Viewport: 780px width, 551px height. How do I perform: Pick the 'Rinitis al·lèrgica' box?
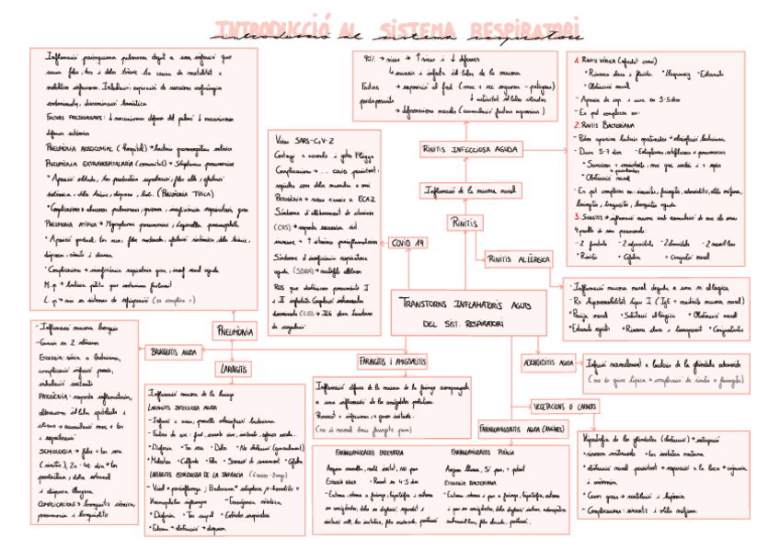(518, 259)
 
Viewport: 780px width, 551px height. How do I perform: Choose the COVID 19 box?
(407, 243)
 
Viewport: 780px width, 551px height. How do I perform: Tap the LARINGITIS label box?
(236, 369)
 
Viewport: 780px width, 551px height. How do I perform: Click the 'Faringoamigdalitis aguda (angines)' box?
(522, 429)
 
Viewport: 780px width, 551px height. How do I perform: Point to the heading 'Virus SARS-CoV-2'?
(304, 140)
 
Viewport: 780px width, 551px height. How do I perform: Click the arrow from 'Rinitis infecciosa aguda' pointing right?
(542, 148)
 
